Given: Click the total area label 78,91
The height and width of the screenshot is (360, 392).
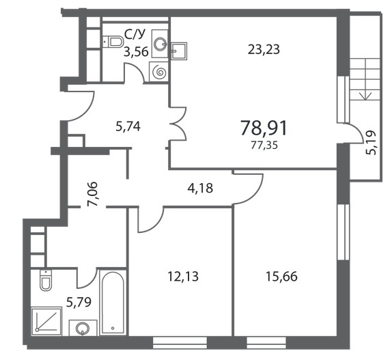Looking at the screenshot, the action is pyautogui.click(x=264, y=128).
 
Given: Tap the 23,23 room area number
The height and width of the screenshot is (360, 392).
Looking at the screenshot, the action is pyautogui.click(x=264, y=49).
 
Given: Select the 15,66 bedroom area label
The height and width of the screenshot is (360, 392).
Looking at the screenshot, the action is pyautogui.click(x=281, y=277).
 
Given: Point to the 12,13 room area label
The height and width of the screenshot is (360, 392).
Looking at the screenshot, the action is pyautogui.click(x=183, y=277).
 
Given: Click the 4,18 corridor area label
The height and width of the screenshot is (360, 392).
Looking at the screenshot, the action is pyautogui.click(x=200, y=189).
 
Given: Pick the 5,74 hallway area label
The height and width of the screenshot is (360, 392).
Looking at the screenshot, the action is pyautogui.click(x=128, y=126).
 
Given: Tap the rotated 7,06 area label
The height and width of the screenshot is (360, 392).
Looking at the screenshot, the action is pyautogui.click(x=92, y=194).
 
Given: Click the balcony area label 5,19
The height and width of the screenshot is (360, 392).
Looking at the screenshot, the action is pyautogui.click(x=371, y=143).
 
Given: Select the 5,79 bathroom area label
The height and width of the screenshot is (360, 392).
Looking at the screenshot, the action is pyautogui.click(x=79, y=302).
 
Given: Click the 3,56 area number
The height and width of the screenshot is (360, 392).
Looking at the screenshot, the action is pyautogui.click(x=137, y=52).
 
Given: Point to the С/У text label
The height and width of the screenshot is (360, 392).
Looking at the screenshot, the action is pyautogui.click(x=135, y=35).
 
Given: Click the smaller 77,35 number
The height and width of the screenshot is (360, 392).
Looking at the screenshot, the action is pyautogui.click(x=264, y=146).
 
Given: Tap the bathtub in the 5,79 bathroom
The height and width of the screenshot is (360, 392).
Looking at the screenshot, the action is pyautogui.click(x=112, y=302).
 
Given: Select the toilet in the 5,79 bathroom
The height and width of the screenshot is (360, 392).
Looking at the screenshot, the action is pyautogui.click(x=46, y=281).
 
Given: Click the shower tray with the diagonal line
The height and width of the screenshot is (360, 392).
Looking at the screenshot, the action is pyautogui.click(x=46, y=321).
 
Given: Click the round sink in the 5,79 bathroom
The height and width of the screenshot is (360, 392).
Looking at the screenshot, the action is pyautogui.click(x=83, y=328).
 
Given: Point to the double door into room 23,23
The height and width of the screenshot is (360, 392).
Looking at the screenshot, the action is pyautogui.click(x=178, y=124).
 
